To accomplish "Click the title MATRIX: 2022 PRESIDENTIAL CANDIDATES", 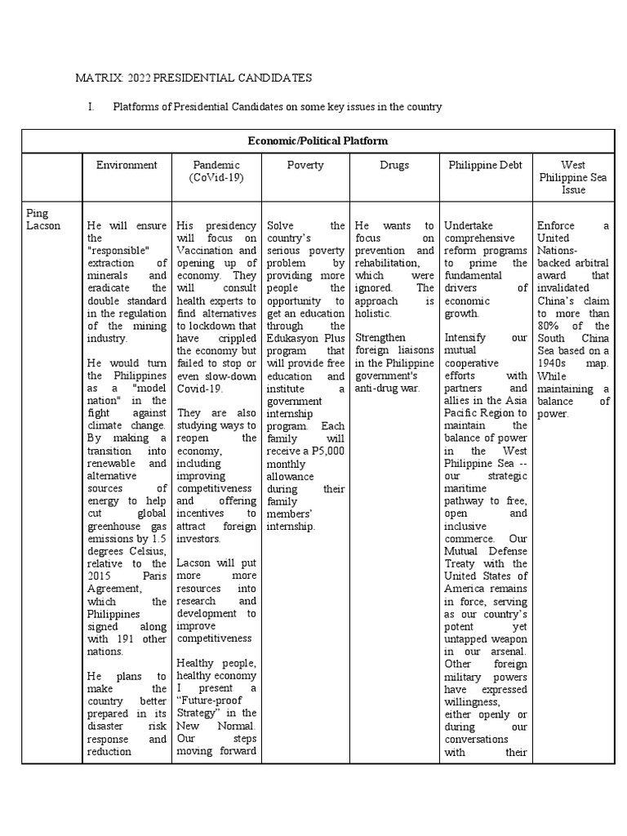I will point(193,78).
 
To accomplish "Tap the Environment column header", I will point(127,165).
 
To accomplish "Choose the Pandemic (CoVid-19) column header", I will point(216,171).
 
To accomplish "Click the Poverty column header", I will point(305,165).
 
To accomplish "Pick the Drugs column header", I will point(394,165).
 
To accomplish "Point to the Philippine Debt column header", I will point(484,165).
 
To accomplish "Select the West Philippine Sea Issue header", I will point(573,177).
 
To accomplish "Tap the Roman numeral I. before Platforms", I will point(91,107).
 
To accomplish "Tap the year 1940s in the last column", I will point(554,350).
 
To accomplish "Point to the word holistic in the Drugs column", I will point(376,313).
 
